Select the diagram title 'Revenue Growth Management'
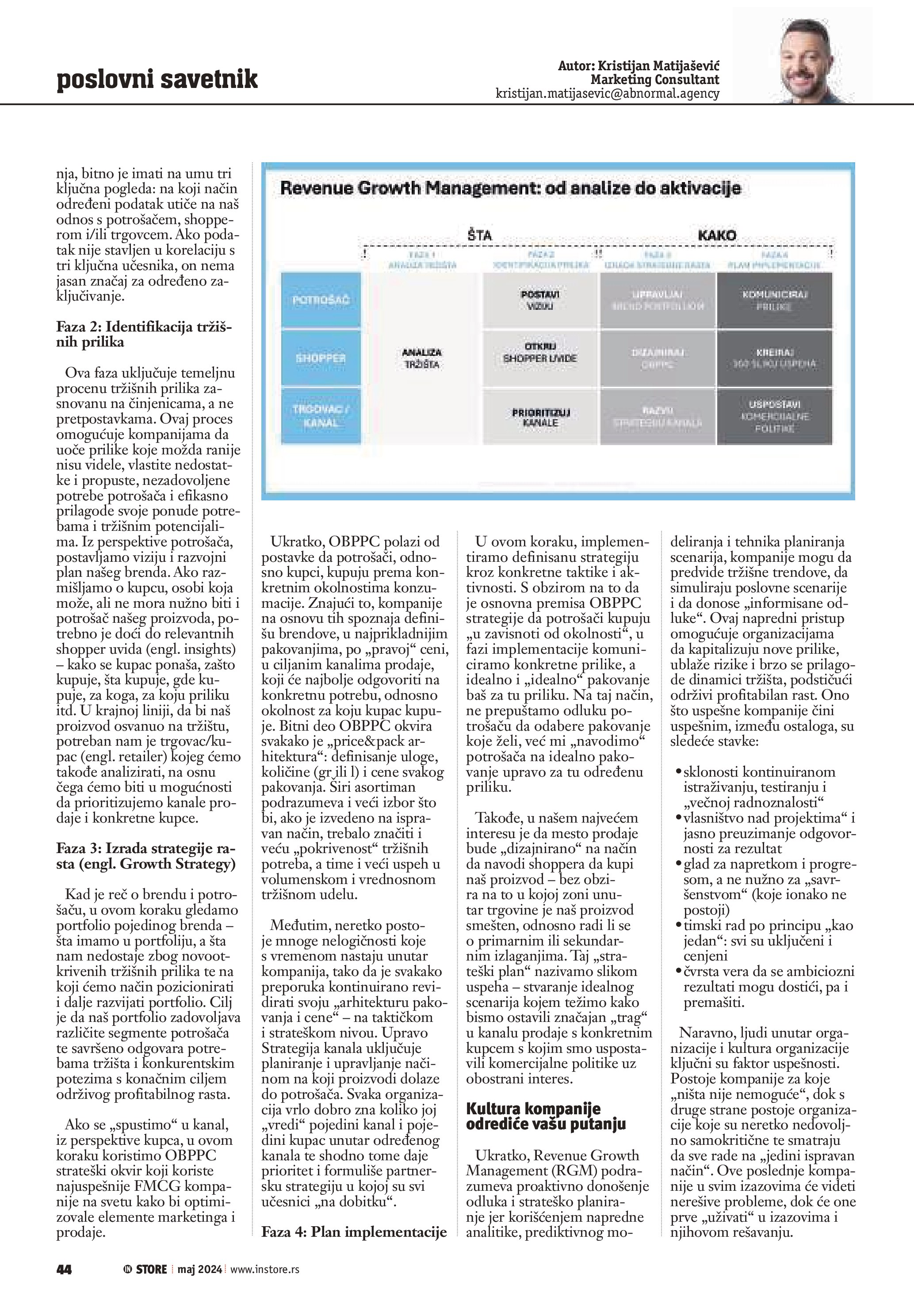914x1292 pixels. click(510, 188)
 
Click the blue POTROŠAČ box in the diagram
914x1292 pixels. click(321, 301)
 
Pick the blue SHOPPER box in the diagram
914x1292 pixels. click(321, 358)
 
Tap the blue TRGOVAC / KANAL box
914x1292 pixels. click(321, 416)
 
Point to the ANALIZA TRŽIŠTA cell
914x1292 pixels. click(421, 358)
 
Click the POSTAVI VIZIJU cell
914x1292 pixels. click(540, 301)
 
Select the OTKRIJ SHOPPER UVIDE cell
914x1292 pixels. click(540, 353)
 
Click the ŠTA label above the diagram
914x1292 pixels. click(479, 236)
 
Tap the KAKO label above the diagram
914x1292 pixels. click(716, 235)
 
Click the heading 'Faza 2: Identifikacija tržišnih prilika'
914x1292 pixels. click(144, 334)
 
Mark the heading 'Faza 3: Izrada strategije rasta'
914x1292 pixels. click(146, 856)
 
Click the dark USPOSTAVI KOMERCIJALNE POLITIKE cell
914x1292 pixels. click(774, 416)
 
